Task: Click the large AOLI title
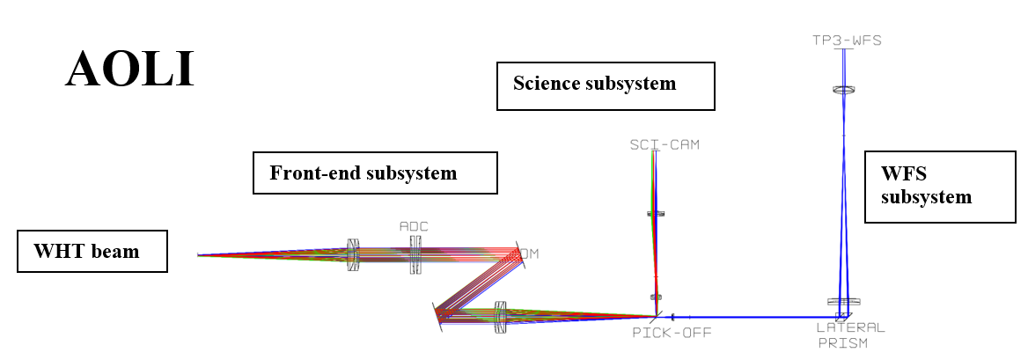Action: (x=129, y=69)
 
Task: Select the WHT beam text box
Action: (x=92, y=252)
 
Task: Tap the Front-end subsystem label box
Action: (x=375, y=173)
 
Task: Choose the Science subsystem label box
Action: (x=606, y=84)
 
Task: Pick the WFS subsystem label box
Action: (x=938, y=187)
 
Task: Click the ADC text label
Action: (x=414, y=226)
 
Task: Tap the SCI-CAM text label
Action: (x=665, y=144)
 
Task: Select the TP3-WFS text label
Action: (x=846, y=40)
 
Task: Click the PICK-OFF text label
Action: (x=672, y=333)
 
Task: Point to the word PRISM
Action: (x=842, y=342)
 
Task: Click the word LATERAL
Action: (x=851, y=327)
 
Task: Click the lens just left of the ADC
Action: (x=353, y=255)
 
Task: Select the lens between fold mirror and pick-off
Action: (x=501, y=317)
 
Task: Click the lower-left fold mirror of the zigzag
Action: (x=437, y=317)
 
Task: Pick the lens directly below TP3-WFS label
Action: (x=844, y=90)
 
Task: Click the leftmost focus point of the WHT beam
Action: (x=199, y=255)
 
